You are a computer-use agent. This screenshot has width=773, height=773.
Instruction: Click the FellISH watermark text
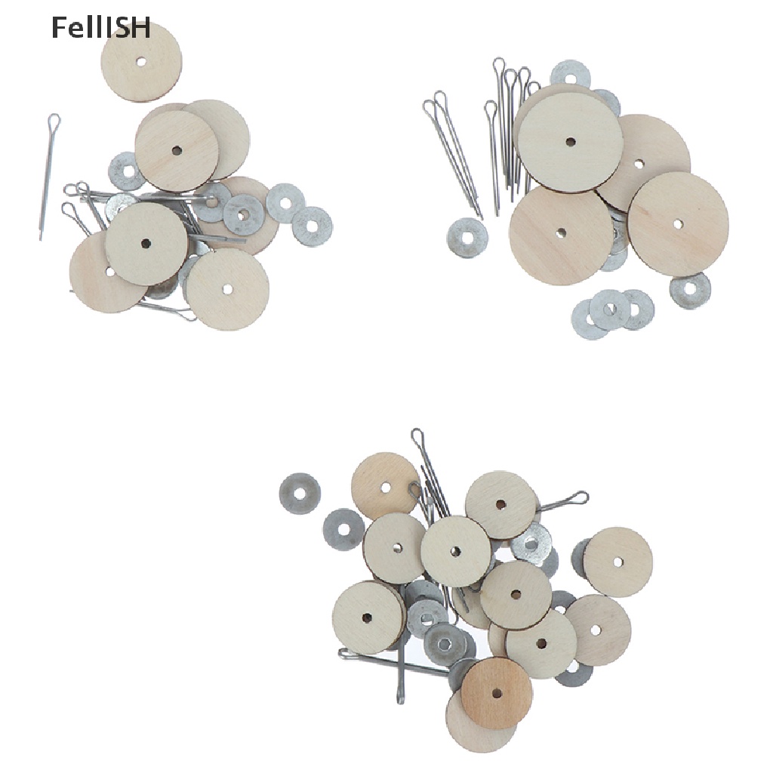100,29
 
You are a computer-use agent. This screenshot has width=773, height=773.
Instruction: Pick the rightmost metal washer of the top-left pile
313,226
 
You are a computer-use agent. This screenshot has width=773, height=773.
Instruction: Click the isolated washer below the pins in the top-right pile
467,238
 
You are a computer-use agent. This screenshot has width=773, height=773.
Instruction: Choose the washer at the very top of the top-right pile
569,73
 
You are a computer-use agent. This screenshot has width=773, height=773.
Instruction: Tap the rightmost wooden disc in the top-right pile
678,224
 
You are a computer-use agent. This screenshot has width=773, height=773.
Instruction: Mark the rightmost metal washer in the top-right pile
690,291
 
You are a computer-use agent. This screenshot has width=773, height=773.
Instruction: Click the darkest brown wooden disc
497,692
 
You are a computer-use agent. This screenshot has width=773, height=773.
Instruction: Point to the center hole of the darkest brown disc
497,692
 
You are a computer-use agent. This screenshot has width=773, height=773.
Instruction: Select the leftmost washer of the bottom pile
300,494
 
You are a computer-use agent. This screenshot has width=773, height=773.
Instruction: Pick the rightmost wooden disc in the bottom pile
617,562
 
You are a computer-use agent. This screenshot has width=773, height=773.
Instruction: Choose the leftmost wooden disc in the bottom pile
367,617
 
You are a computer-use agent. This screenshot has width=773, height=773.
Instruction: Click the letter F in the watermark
57,29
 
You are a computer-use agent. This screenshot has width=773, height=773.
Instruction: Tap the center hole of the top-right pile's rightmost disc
678,224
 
